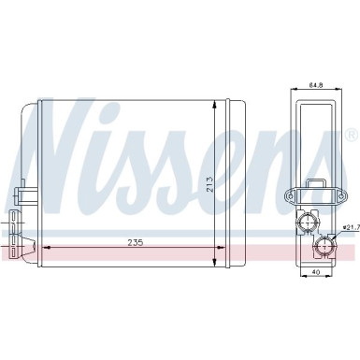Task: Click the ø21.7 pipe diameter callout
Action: pyautogui.click(x=350, y=227)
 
